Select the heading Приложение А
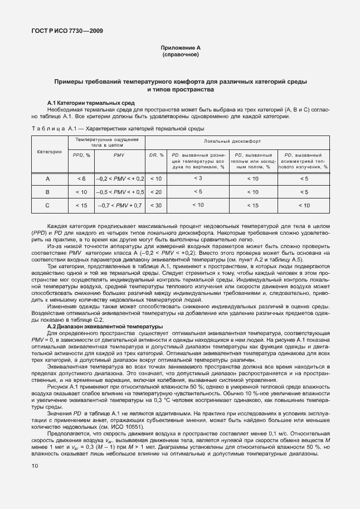click(180, 49)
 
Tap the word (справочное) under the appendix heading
click(180, 56)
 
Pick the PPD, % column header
click(81, 154)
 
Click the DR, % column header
click(157, 154)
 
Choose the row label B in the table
click(48, 192)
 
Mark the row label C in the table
click(48, 206)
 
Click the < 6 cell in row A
click(81, 178)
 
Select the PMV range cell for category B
click(119, 192)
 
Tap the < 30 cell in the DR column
click(157, 206)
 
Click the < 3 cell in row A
click(197, 178)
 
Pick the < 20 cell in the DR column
click(157, 192)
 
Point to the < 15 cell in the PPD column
click(81, 206)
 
